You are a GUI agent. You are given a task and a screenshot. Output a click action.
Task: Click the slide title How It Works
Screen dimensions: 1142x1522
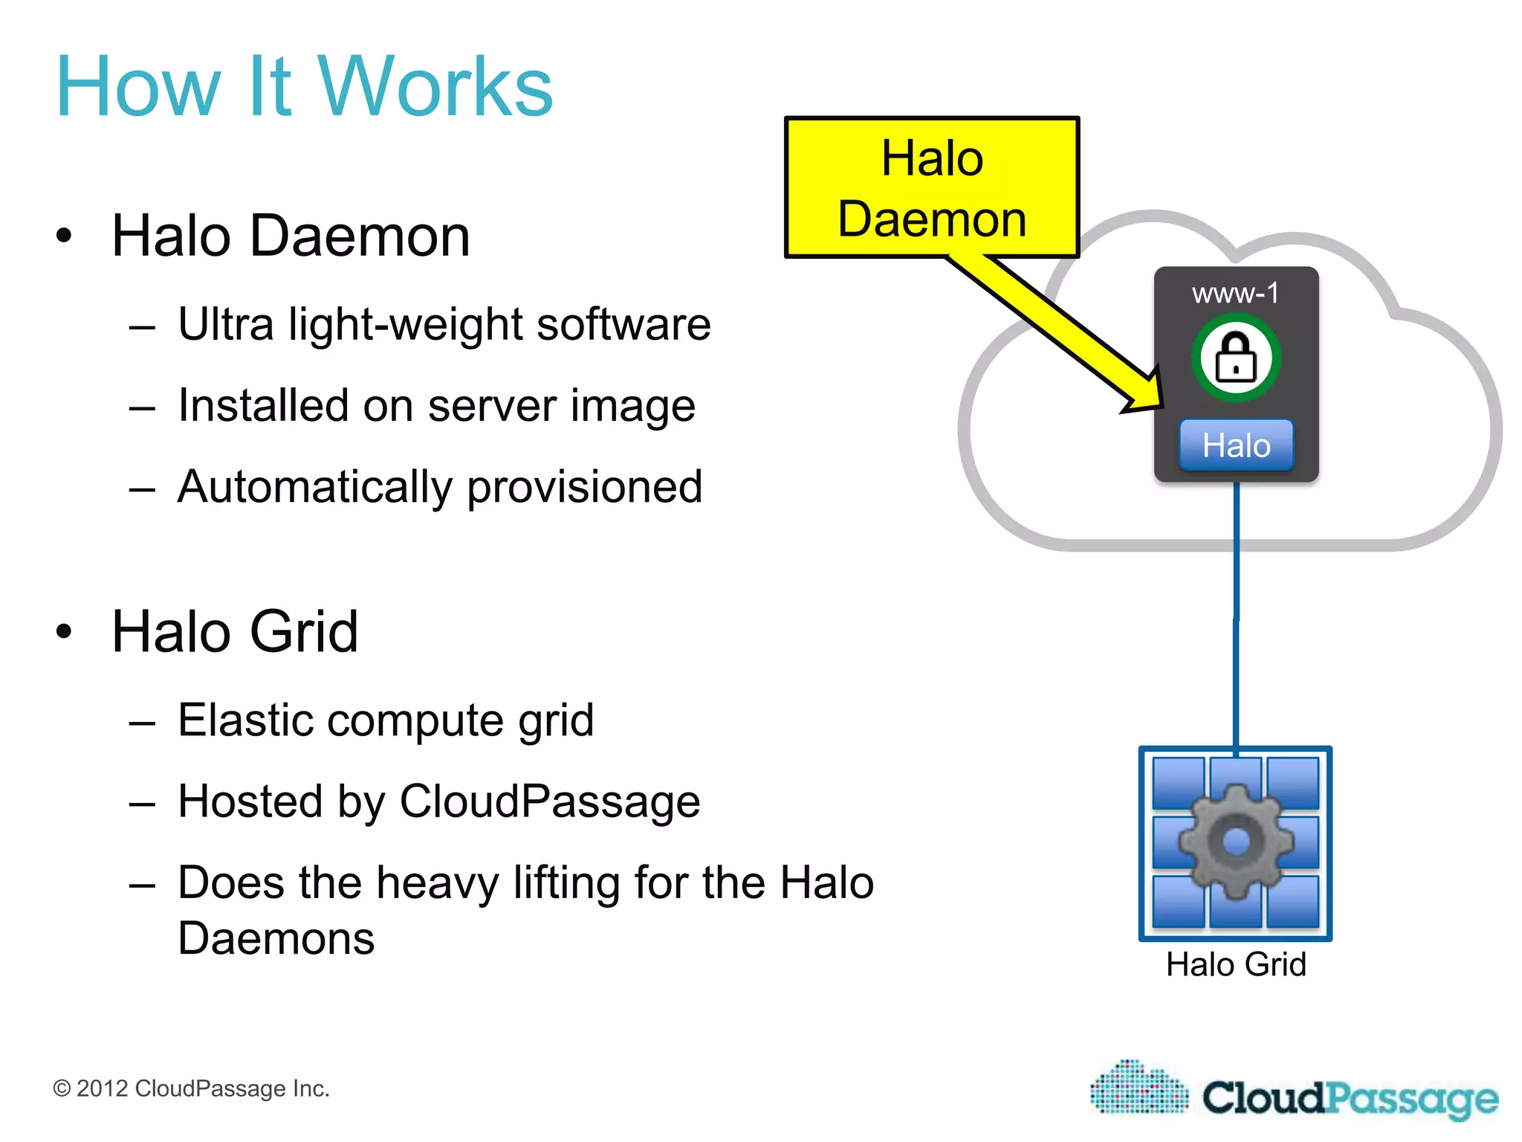(x=305, y=87)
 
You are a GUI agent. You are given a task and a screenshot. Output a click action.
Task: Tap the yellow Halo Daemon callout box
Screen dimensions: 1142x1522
(x=932, y=187)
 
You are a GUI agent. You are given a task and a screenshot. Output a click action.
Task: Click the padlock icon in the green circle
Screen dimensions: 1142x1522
(x=1236, y=358)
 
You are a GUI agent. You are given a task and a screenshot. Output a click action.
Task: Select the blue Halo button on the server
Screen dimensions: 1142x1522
(x=1236, y=445)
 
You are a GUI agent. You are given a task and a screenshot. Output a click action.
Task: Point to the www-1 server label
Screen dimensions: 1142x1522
(x=1236, y=293)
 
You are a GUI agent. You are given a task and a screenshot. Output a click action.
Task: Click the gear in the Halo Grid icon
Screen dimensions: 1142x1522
(x=1236, y=842)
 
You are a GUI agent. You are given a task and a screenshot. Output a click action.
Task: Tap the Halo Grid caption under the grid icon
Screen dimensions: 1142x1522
(x=1236, y=964)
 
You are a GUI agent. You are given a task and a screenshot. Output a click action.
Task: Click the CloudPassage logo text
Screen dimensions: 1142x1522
(x=1350, y=1098)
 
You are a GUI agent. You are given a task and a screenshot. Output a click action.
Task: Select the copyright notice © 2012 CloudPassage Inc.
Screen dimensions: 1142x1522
(x=191, y=1088)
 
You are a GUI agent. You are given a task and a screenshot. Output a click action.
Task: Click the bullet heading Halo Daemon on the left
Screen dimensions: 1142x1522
(x=291, y=236)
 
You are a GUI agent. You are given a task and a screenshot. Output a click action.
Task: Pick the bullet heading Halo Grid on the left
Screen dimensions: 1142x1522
(x=235, y=631)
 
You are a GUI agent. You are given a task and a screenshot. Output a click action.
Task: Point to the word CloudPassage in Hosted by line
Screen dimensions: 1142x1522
(x=550, y=801)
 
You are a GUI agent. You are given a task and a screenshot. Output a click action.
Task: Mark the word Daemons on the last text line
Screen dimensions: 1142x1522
(x=276, y=938)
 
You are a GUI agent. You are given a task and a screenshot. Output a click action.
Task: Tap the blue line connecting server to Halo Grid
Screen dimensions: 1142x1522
(x=1236, y=617)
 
